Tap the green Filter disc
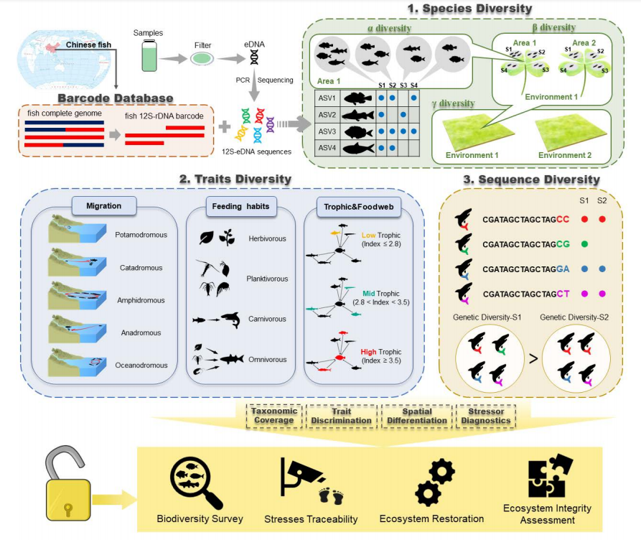coord(202,58)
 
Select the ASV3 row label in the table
coord(327,131)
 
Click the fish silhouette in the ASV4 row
coord(358,148)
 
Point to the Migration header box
coord(104,206)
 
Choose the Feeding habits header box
coord(240,206)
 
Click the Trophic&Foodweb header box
coord(358,207)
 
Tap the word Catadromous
coord(141,268)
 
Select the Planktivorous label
coord(267,279)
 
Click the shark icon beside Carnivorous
coord(230,319)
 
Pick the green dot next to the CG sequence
coord(584,244)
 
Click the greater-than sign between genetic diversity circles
coord(533,359)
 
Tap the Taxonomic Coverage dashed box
coord(274,416)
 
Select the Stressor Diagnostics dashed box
coord(486,416)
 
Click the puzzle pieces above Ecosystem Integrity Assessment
coord(551,475)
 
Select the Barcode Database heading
coord(116,98)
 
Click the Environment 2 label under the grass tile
coord(565,155)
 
